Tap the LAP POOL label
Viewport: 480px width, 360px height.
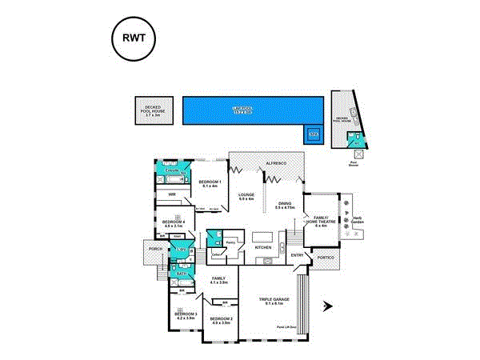tap(242, 108)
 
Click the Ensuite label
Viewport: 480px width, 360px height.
tap(171, 170)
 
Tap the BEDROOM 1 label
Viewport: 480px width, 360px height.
tap(209, 183)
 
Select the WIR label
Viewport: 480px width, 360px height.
tap(172, 194)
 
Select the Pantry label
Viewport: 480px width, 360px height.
tap(229, 242)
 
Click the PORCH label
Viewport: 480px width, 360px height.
tap(154, 249)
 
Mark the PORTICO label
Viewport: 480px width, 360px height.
tap(324, 258)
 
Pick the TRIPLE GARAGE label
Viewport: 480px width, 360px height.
tap(272, 301)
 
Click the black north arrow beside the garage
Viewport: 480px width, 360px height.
tap(326, 305)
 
